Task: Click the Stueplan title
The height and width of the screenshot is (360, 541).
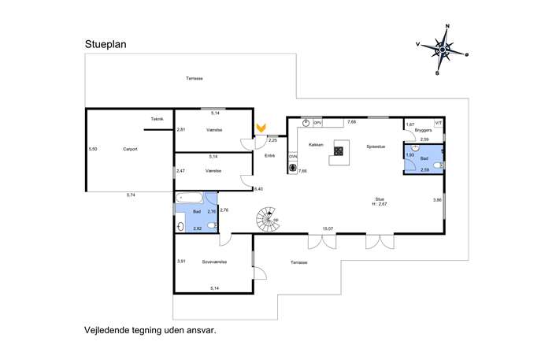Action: (106, 45)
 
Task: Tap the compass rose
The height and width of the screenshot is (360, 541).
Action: (443, 50)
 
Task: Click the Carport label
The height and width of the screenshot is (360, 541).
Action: (130, 149)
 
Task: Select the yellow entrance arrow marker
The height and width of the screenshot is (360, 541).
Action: (261, 128)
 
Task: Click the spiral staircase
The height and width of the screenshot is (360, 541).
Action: (268, 219)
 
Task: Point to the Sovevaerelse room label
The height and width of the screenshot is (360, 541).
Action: (214, 262)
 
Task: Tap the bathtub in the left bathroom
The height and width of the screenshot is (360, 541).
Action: (190, 198)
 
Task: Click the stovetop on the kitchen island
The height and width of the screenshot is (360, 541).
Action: (339, 150)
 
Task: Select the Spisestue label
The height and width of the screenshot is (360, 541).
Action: (376, 147)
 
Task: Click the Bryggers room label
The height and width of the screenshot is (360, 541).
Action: (423, 130)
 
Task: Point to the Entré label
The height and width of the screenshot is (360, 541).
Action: (269, 156)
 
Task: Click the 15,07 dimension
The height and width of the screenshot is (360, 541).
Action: (328, 228)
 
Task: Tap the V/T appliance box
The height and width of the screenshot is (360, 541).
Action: (438, 123)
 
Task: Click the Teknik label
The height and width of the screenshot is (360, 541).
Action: (157, 119)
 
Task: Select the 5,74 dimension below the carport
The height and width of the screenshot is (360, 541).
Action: (131, 195)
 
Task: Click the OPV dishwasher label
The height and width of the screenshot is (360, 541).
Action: (317, 123)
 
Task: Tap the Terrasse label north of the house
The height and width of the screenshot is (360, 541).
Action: (195, 78)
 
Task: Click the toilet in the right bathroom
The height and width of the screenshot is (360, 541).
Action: (438, 165)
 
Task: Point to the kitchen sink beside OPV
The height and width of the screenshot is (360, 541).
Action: (306, 123)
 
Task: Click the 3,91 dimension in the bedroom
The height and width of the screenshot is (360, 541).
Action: (181, 262)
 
